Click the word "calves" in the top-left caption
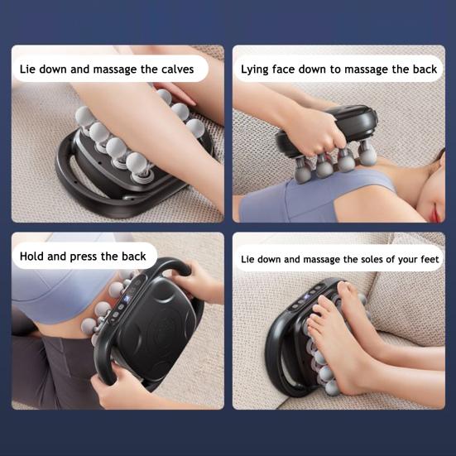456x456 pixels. pos(177,70)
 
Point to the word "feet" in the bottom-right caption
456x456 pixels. pos(430,259)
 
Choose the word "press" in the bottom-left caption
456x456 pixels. pos(84,257)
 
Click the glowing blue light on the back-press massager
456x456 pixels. pos(127,300)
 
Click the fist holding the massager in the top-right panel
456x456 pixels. pos(314,135)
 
